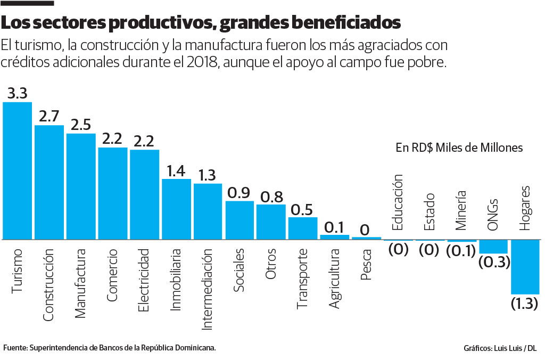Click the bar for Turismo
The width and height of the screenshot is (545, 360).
(17, 170)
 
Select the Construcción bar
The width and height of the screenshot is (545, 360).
(49, 182)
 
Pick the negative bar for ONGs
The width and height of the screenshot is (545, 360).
(493, 247)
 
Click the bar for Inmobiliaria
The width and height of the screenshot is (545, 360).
(176, 209)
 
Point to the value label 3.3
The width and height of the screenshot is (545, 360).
(17, 94)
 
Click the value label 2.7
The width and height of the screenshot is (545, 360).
(49, 117)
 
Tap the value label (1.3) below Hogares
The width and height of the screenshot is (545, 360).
(525, 304)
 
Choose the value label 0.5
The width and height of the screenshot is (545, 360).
(303, 209)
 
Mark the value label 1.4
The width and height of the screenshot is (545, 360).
(176, 170)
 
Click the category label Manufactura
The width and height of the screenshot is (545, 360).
(80, 283)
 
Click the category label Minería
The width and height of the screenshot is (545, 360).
(461, 210)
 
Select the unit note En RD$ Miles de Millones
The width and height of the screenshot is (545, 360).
(459, 148)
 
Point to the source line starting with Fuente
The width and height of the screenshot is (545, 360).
(110, 348)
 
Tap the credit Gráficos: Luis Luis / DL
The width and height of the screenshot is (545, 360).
(500, 348)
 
